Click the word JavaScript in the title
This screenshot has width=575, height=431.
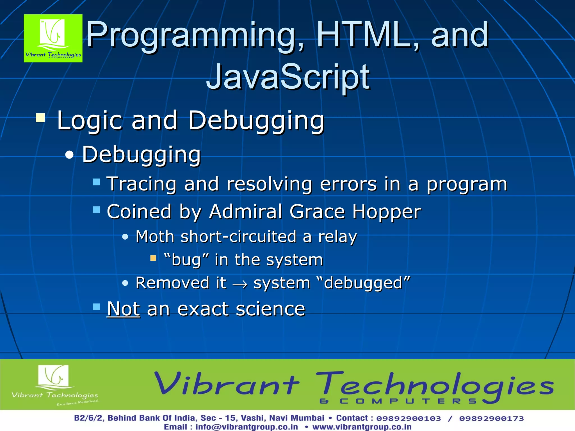coord(288,76)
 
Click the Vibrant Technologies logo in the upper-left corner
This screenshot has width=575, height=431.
coord(53,38)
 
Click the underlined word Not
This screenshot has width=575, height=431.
coord(123,309)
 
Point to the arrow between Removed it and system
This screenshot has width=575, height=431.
coord(240,284)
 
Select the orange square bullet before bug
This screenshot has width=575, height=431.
coord(153,258)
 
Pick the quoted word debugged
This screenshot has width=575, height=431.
coord(363,283)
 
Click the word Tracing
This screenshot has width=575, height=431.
coord(142,184)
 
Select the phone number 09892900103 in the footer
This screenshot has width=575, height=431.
coord(409,418)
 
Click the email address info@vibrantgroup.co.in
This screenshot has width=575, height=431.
coord(247,427)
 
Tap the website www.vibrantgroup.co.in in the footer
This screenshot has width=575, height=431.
coord(362,427)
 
